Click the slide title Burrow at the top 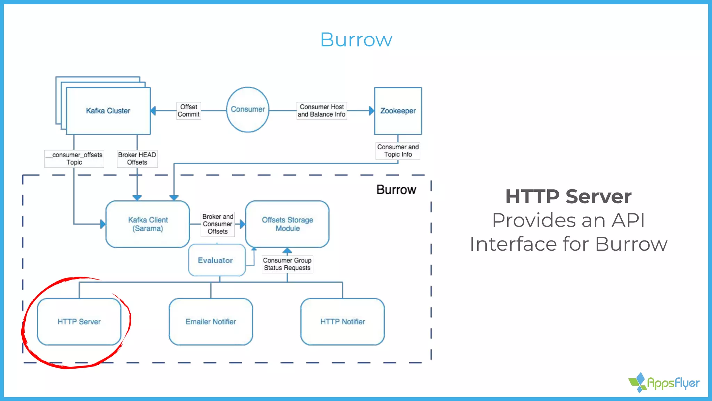tap(356, 40)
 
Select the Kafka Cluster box tap(108, 111)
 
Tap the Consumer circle tap(248, 109)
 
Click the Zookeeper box tap(398, 111)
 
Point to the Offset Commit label tap(188, 111)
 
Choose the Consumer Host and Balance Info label tap(321, 111)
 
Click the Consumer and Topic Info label tap(398, 151)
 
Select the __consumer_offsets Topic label tap(74, 158)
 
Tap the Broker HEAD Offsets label tap(137, 158)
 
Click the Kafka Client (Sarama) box tap(148, 224)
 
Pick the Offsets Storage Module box tap(287, 224)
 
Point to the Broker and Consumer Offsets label tap(218, 224)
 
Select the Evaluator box tap(216, 260)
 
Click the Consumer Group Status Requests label tap(287, 264)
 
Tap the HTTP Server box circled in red tap(79, 322)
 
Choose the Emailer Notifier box tap(211, 322)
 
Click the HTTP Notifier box tap(342, 322)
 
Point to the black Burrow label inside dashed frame tap(396, 190)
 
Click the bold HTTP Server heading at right tap(568, 196)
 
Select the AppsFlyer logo tap(664, 383)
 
